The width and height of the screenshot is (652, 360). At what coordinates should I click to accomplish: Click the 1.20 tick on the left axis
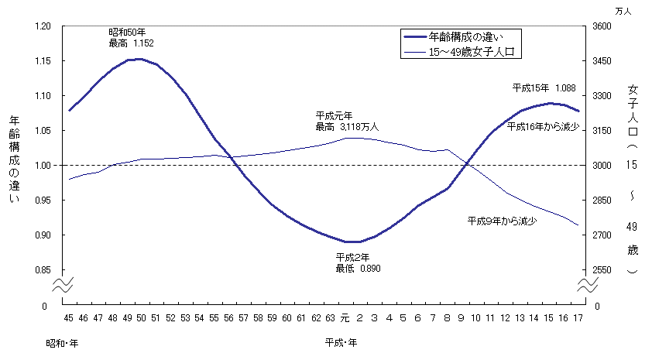pyautogui.click(x=41, y=26)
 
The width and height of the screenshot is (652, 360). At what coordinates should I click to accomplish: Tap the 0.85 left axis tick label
pyautogui.click(x=41, y=270)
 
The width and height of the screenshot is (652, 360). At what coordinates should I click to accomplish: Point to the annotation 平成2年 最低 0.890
pyautogui.click(x=358, y=262)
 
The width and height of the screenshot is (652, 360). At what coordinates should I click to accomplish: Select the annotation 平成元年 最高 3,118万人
pyautogui.click(x=347, y=121)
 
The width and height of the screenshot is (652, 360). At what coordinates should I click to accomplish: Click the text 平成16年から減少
pyautogui.click(x=543, y=125)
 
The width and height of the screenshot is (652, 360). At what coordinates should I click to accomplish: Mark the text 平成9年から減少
pyautogui.click(x=503, y=221)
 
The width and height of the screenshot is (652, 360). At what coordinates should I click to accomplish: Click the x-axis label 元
pyautogui.click(x=345, y=317)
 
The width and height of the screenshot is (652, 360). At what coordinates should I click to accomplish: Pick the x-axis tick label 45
pyautogui.click(x=69, y=317)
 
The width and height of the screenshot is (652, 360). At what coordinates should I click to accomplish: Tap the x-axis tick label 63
pyautogui.click(x=331, y=317)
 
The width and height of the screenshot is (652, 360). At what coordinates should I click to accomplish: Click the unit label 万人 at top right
pyautogui.click(x=623, y=11)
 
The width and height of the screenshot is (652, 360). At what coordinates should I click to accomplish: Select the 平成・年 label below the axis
pyautogui.click(x=341, y=341)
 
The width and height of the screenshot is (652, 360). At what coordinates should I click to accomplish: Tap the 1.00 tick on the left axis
pyautogui.click(x=41, y=166)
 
